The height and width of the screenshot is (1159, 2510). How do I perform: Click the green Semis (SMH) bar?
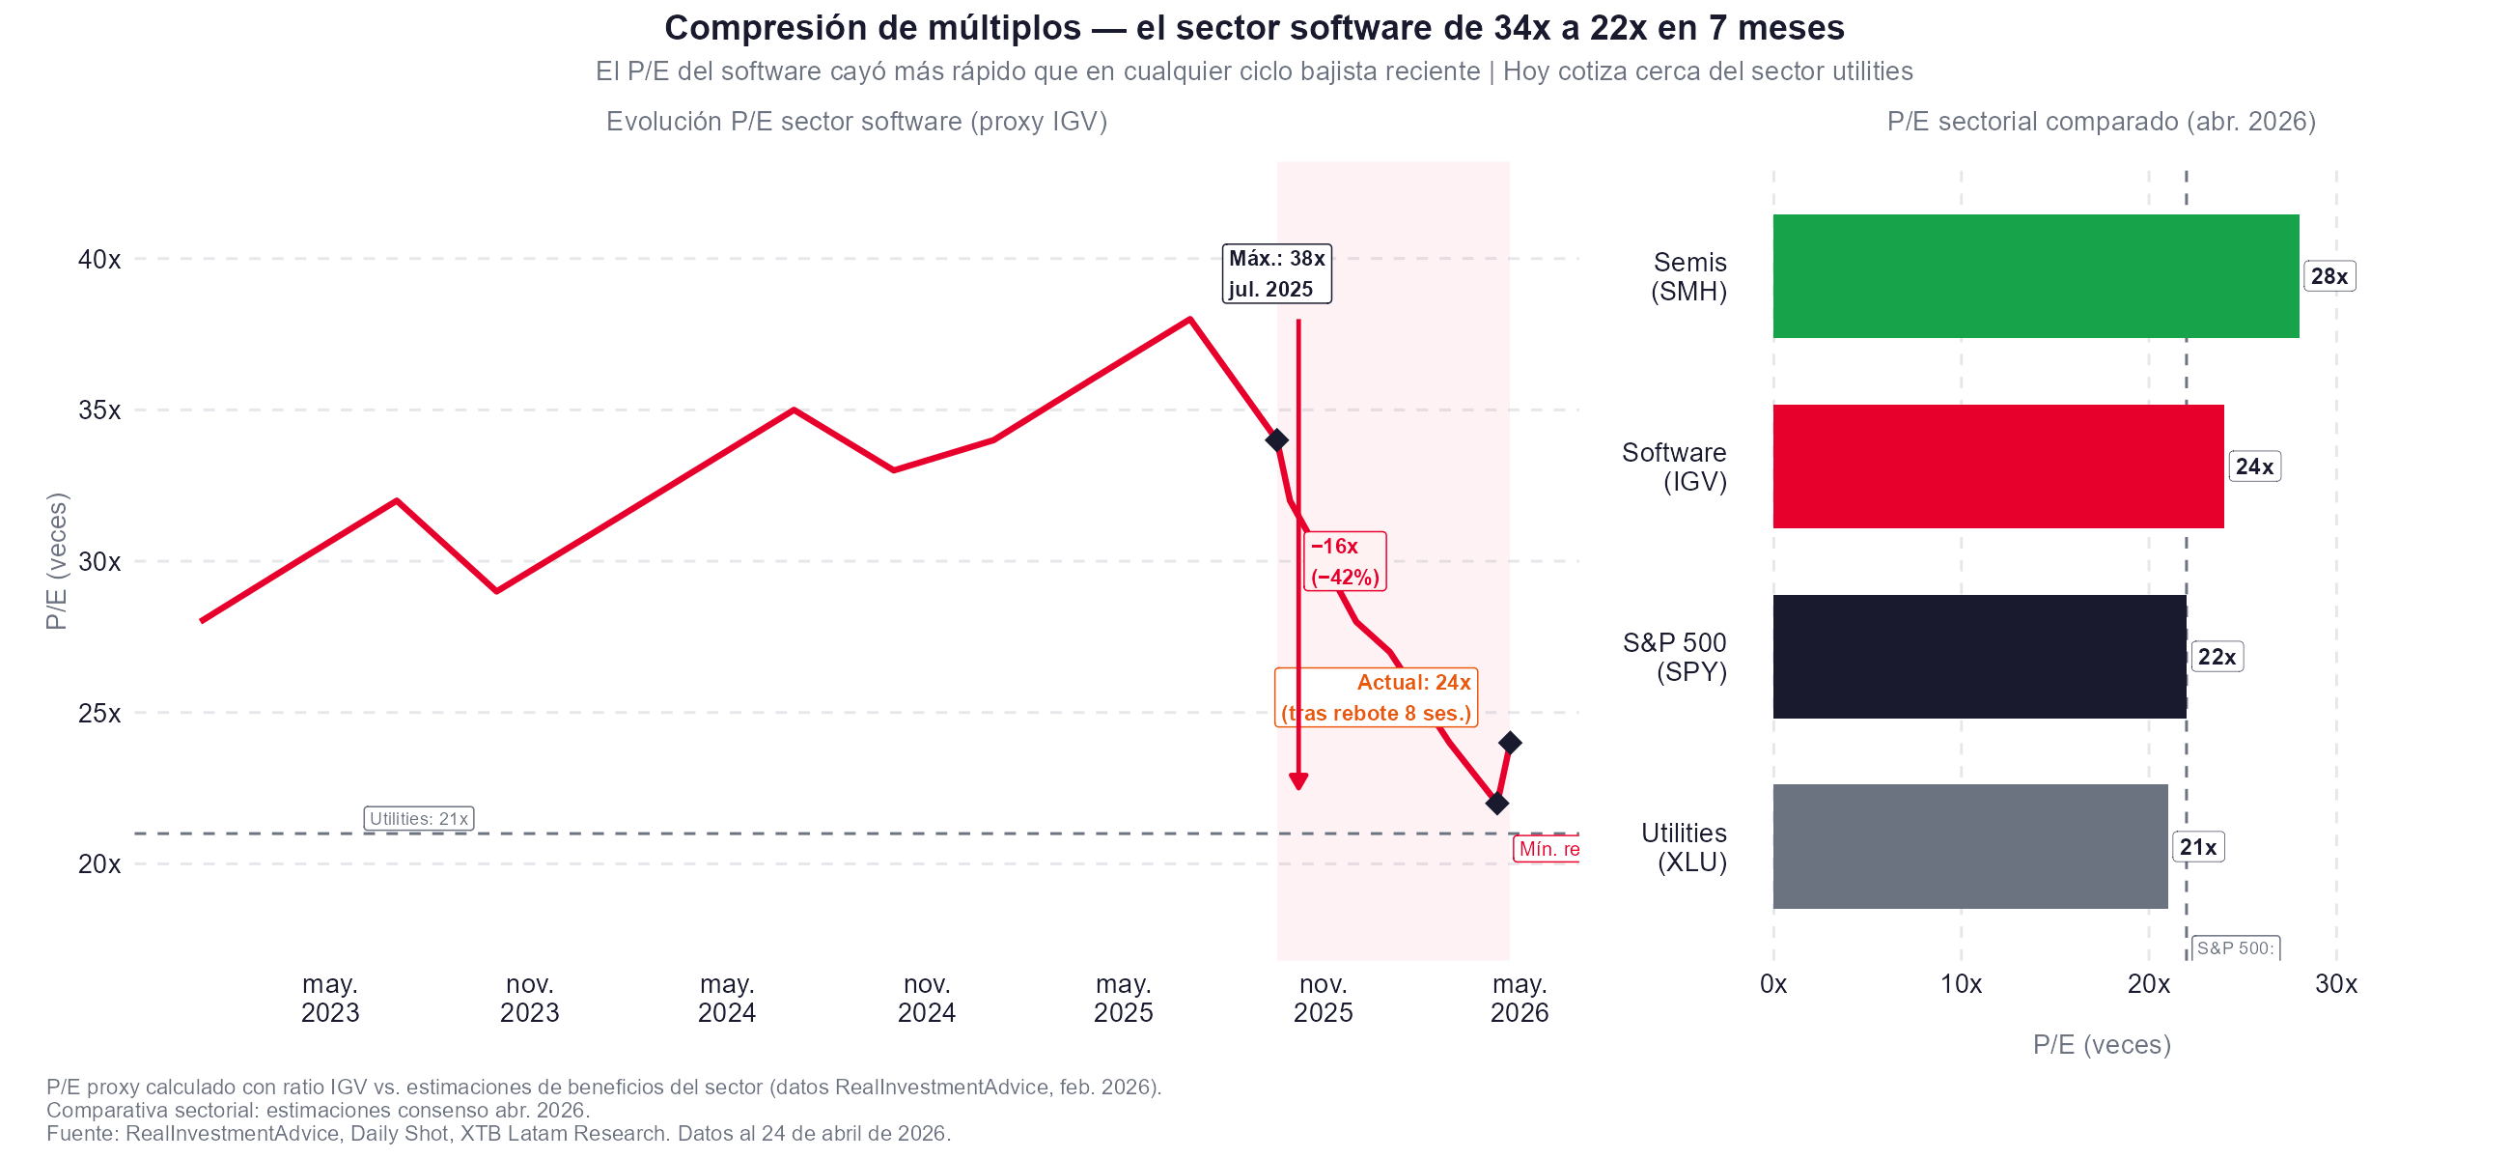coord(2034,276)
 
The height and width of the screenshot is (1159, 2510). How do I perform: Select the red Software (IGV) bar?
coord(1997,466)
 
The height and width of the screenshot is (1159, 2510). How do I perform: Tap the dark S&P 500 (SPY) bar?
coord(1978,656)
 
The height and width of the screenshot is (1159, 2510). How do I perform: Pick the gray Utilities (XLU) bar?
coord(1969,846)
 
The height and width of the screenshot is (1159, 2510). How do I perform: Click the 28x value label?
coord(2328,276)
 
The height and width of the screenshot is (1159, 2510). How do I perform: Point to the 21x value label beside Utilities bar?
coord(2197,847)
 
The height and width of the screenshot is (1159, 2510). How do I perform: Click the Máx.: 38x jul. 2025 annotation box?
coord(1275,274)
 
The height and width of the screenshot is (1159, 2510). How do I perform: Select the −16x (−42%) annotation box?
coord(1344,560)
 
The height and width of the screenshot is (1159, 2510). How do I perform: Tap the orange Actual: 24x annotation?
coord(1375,697)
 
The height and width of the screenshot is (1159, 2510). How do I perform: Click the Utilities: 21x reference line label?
coord(418,818)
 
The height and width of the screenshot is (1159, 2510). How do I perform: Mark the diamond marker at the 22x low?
coord(1496,804)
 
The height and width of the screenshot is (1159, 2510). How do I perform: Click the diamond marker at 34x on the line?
coord(1276,439)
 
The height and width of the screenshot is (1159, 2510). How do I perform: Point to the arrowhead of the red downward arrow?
coord(1297,781)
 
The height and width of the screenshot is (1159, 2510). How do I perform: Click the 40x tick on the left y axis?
coord(99,259)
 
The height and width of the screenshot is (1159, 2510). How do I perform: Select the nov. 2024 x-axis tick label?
coord(926,998)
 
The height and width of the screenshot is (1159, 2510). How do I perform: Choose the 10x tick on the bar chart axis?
coord(1960,983)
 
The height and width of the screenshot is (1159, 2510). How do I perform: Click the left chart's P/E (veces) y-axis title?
coord(57,560)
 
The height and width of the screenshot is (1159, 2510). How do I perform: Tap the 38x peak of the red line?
coord(1189,319)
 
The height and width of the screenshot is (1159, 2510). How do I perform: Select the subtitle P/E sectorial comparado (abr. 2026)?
coord(2100,121)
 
